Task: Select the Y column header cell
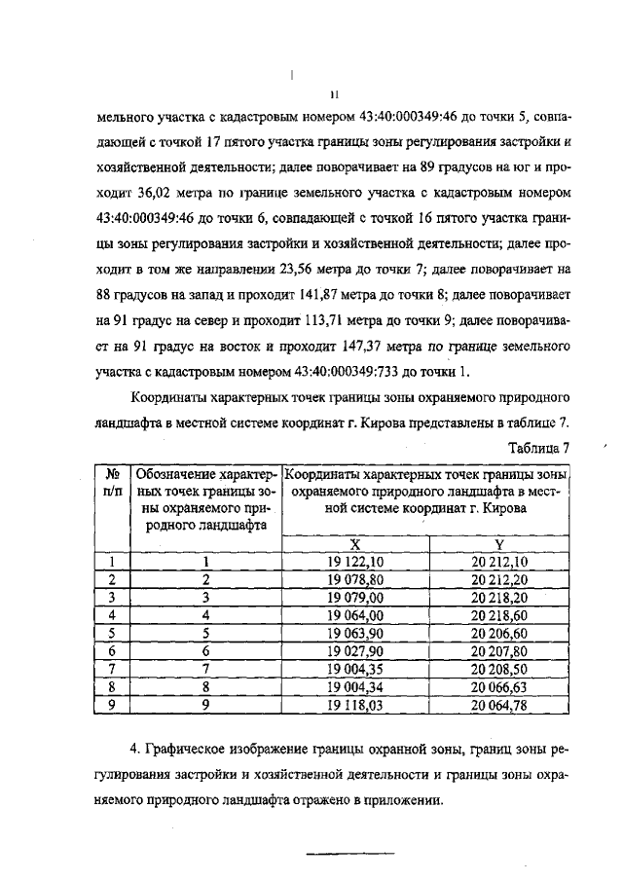[x=498, y=545]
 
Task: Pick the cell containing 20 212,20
[x=498, y=578]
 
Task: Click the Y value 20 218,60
[x=498, y=613]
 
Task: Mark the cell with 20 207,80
[x=498, y=648]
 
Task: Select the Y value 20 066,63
[x=498, y=683]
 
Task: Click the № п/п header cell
[x=112, y=482]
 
